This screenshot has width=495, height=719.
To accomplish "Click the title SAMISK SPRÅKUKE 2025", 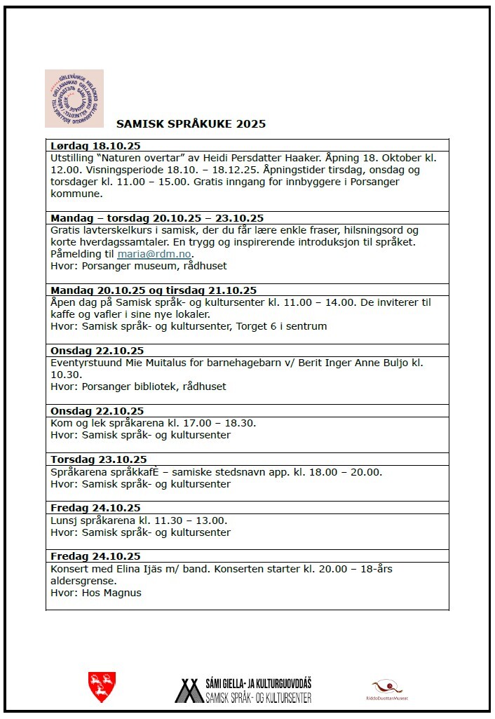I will [x=191, y=124].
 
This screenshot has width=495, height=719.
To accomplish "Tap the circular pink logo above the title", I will [x=74, y=98].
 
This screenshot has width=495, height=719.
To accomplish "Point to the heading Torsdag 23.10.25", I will [x=99, y=459].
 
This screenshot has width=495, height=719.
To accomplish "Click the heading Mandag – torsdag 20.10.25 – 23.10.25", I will [x=157, y=218].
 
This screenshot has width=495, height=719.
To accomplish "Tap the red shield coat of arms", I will [x=102, y=687].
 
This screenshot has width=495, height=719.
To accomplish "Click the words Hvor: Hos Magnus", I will [x=96, y=593].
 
